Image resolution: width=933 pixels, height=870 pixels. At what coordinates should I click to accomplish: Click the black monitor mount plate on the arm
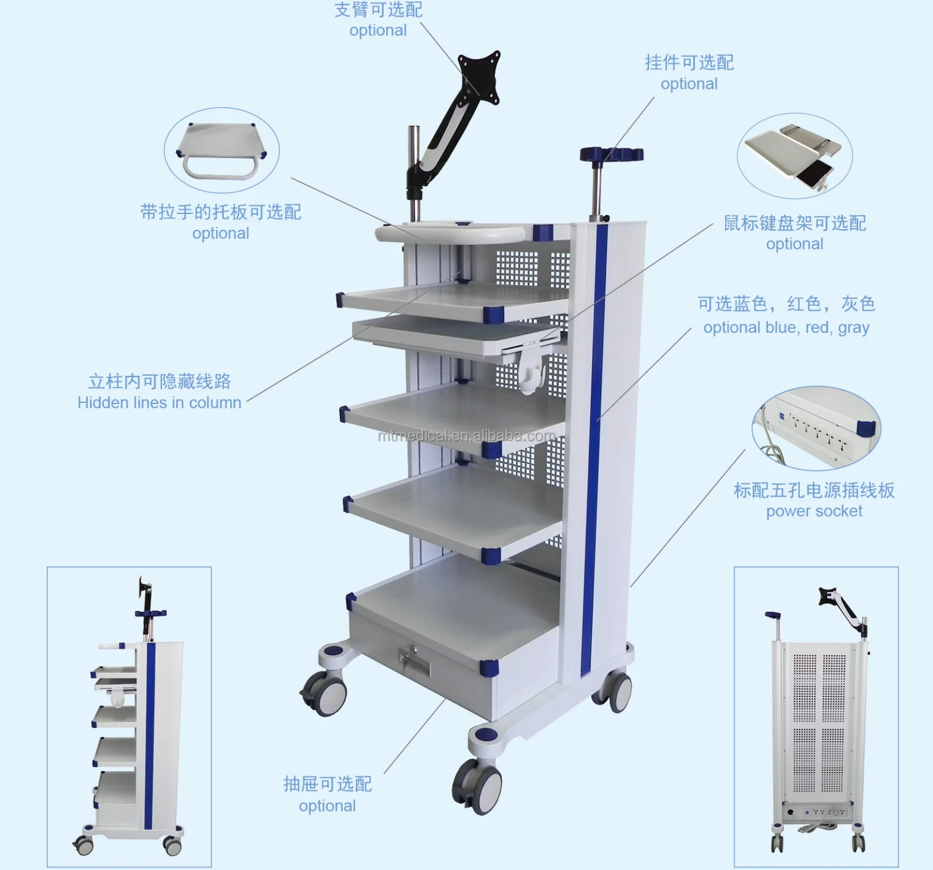click(x=480, y=77)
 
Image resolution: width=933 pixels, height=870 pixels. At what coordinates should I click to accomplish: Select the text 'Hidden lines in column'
click(x=159, y=403)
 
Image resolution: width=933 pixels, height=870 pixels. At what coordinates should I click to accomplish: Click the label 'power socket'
click(x=814, y=511)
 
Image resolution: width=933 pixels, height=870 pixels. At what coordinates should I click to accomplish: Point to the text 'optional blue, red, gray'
click(x=786, y=327)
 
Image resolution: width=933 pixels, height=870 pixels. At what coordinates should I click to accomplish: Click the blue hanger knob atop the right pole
click(x=611, y=154)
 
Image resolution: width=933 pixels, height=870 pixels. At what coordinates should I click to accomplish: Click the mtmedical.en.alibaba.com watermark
click(x=466, y=436)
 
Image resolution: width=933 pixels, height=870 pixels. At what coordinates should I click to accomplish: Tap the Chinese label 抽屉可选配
click(x=328, y=784)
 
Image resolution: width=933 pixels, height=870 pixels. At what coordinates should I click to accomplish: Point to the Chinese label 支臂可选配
click(x=378, y=10)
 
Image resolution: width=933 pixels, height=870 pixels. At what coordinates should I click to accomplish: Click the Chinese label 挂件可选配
click(x=689, y=63)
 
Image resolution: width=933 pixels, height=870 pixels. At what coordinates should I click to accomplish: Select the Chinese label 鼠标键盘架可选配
click(x=794, y=223)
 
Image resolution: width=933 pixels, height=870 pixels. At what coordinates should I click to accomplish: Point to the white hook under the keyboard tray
click(x=531, y=373)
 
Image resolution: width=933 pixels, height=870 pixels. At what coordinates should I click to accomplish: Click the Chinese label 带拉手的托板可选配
click(x=221, y=212)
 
